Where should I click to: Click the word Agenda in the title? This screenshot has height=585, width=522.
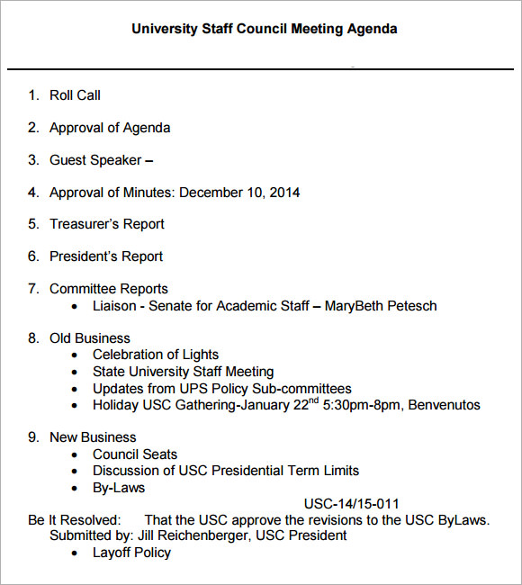coord(371,29)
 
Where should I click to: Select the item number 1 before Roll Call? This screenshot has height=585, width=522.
coord(32,95)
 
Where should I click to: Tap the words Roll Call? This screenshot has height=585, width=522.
coord(75,95)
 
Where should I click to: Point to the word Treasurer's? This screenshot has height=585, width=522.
coord(85,224)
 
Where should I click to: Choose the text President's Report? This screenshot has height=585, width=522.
coord(106,256)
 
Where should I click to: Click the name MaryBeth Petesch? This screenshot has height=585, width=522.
coord(381,306)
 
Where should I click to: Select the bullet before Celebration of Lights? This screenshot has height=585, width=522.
coord(76,355)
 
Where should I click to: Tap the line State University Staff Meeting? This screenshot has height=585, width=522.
coord(183,372)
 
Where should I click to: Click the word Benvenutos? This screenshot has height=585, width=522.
coord(445,405)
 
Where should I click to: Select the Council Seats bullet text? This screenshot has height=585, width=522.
coord(135,454)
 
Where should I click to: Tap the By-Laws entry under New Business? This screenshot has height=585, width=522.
coord(119,488)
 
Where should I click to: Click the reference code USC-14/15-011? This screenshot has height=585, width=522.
coord(351,504)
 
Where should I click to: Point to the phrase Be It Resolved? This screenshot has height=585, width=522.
coord(74,520)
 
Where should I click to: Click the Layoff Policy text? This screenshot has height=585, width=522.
coord(131,553)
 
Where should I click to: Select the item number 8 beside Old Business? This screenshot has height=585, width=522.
coord(32,338)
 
